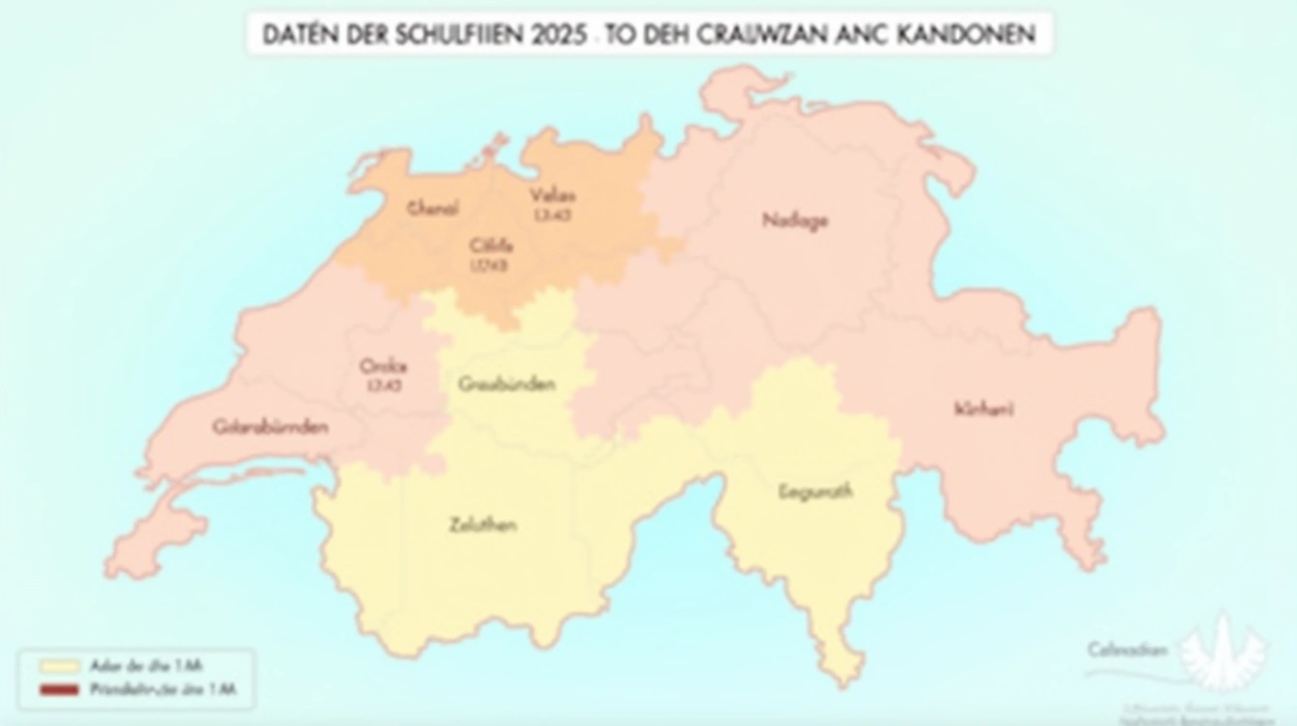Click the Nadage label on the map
(794, 220)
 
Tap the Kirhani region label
(983, 408)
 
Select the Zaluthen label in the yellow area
(483, 525)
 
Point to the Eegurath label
(814, 491)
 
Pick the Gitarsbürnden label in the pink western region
(270, 426)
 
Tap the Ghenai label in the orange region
(433, 208)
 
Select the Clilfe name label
(490, 245)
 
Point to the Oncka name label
(383, 366)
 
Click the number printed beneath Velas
(552, 215)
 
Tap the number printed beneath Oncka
(383, 386)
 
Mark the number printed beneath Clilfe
(488, 265)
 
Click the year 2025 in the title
(559, 35)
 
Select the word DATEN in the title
(299, 35)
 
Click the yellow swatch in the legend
(59, 665)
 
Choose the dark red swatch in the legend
(59, 690)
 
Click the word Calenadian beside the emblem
(1127, 650)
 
